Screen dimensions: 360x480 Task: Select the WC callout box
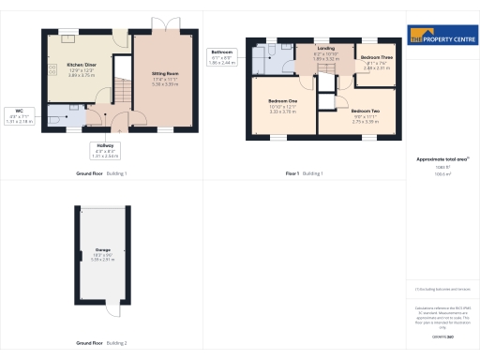(19, 116)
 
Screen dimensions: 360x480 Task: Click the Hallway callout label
(106, 150)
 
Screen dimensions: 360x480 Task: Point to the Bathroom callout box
(222, 56)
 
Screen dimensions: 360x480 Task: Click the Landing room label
(326, 48)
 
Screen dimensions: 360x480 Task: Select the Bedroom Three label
(377, 58)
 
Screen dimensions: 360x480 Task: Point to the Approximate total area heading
(437, 159)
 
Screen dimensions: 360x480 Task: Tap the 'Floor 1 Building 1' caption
(304, 174)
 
